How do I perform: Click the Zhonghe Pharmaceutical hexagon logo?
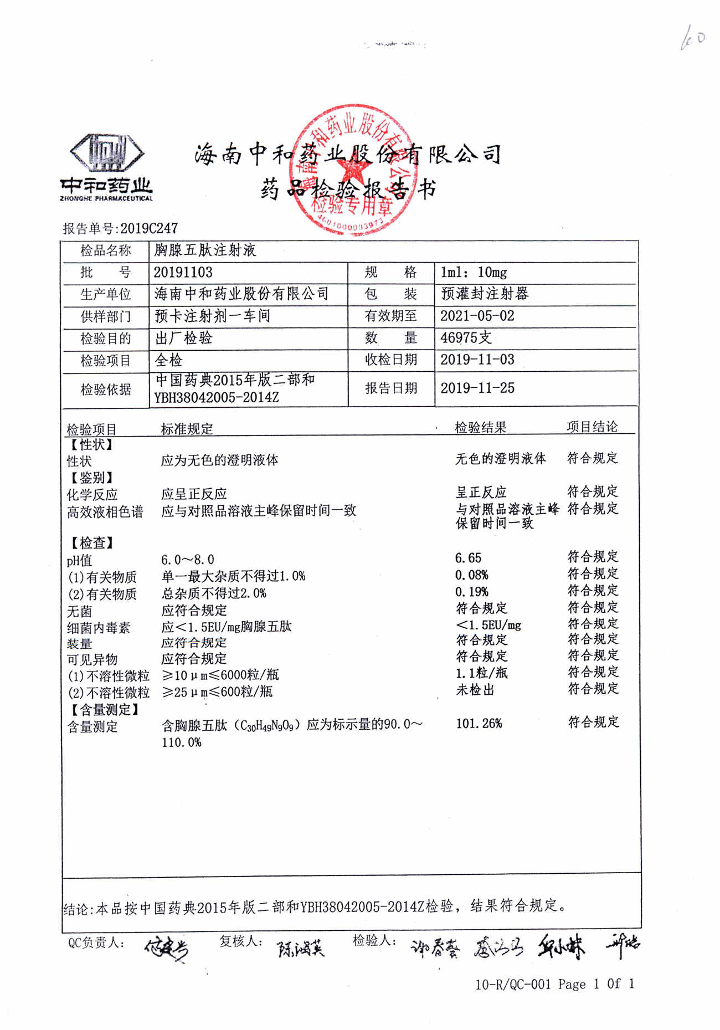(107, 152)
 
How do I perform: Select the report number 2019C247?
(149, 228)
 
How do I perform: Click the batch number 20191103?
(183, 272)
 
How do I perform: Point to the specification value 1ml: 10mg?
(474, 272)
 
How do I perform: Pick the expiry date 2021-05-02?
(477, 316)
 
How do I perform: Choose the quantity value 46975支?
(465, 337)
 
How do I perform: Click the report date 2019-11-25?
(477, 388)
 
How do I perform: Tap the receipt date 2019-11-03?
(477, 360)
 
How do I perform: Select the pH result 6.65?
(468, 558)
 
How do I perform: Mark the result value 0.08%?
(471, 575)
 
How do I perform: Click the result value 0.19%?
(471, 592)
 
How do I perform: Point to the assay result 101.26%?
(479, 724)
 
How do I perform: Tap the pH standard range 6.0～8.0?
(187, 560)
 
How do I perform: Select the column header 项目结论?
(592, 427)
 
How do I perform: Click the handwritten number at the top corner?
(692, 39)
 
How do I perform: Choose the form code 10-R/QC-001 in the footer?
(513, 984)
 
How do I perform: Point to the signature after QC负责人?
(166, 949)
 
